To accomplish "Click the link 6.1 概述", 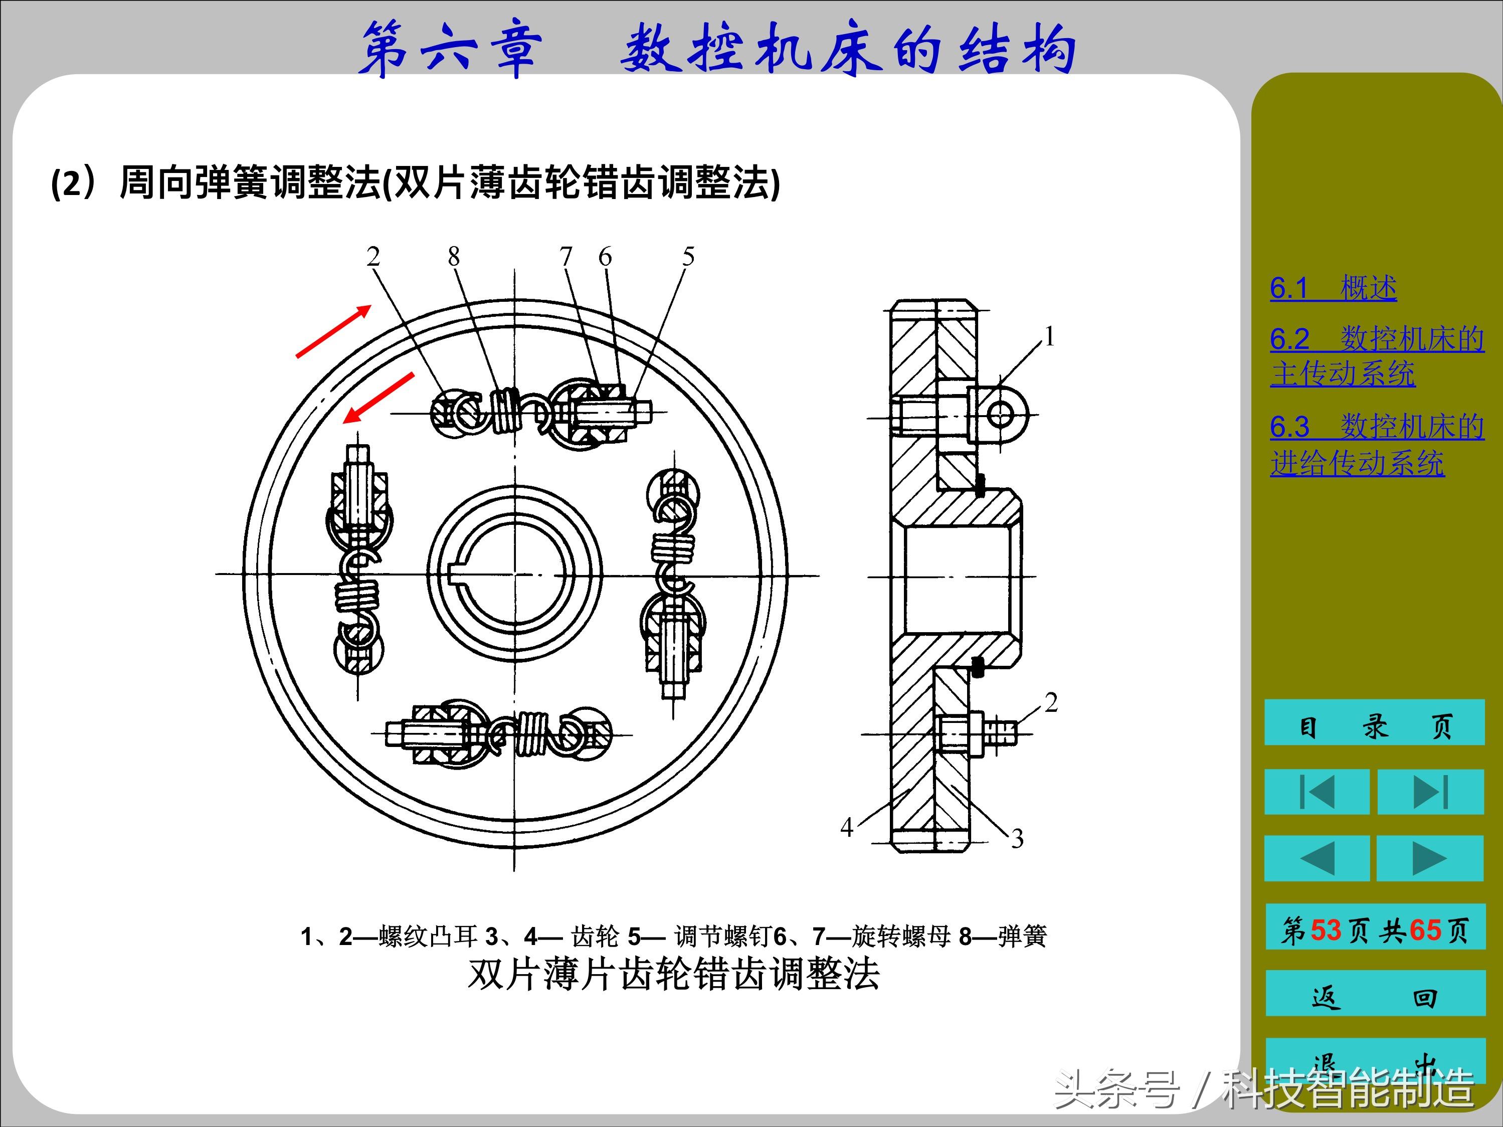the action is tap(1333, 288).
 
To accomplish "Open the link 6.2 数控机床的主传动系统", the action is tap(1376, 356).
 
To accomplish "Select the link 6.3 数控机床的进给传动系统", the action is tap(1376, 445).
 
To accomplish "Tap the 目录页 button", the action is tap(1374, 725).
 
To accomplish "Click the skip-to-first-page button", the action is tap(1316, 792).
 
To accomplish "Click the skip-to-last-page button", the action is tap(1430, 792).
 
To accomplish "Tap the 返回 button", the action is tap(1374, 997).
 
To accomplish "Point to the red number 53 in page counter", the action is tap(1326, 929).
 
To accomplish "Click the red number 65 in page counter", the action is tap(1425, 929).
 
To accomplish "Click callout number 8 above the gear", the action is tap(453, 257).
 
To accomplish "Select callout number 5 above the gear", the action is tap(688, 257).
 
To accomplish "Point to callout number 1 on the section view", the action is tap(1049, 337).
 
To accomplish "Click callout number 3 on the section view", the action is tap(1017, 838).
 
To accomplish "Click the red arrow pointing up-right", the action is tap(333, 331).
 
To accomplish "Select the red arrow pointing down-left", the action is tap(379, 398).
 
